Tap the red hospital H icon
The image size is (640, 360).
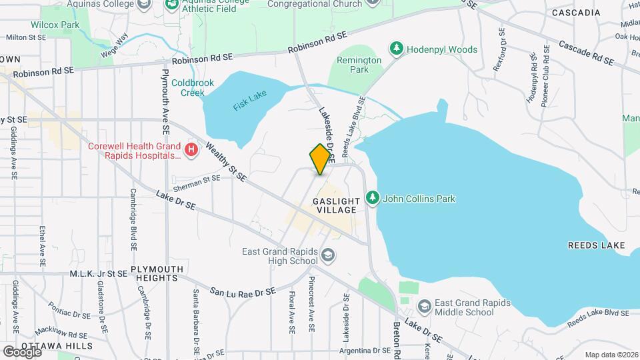(192, 150)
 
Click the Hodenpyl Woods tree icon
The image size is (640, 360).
(397, 49)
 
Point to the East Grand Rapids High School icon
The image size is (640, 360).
(327, 255)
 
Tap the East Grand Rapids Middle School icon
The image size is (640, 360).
(423, 307)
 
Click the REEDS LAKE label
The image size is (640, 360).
(595, 245)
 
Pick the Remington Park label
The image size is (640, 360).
(359, 65)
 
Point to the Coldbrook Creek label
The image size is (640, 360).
(188, 87)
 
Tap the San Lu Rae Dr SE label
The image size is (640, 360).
(243, 292)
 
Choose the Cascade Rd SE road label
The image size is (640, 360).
(586, 53)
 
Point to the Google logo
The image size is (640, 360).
(21, 351)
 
